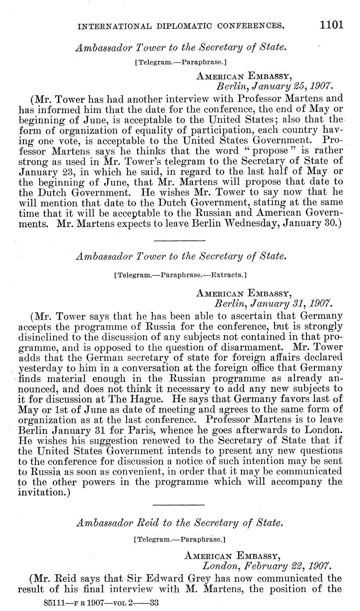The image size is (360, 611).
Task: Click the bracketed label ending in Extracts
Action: click(180, 275)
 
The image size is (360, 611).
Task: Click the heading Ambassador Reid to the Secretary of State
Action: click(179, 522)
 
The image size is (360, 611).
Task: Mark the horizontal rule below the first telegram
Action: click(179, 240)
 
